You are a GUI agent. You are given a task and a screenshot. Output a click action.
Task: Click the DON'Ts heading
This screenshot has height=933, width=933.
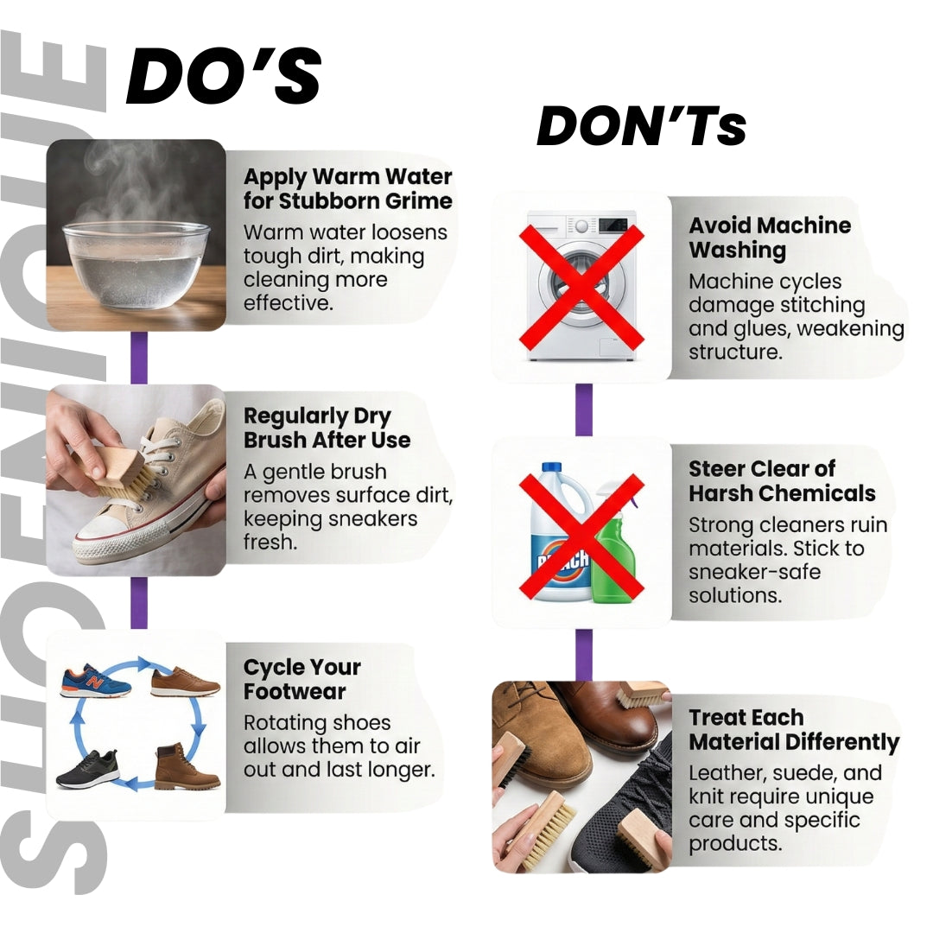pyautogui.click(x=641, y=126)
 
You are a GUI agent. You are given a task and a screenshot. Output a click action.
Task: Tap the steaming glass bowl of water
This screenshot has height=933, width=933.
pyautogui.click(x=136, y=264)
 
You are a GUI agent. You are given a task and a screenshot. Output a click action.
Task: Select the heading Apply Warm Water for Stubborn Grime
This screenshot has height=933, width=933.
pyautogui.click(x=347, y=188)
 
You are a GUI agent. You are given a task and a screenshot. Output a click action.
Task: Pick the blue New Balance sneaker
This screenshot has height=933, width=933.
pyautogui.click(x=95, y=682)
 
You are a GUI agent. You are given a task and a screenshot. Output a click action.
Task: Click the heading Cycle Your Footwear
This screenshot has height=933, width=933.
pyautogui.click(x=302, y=679)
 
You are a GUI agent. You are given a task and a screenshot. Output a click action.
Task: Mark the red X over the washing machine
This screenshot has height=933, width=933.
pyautogui.click(x=581, y=286)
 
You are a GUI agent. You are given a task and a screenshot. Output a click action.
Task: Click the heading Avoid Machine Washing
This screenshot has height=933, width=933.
pyautogui.click(x=770, y=238)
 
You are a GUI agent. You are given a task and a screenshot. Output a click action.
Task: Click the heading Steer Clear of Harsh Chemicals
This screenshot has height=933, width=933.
pyautogui.click(x=782, y=481)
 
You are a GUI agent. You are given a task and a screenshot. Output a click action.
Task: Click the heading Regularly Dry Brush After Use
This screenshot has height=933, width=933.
pyautogui.click(x=327, y=428)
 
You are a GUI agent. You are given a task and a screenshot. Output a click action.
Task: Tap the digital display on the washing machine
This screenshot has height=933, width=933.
pyautogui.click(x=612, y=225)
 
